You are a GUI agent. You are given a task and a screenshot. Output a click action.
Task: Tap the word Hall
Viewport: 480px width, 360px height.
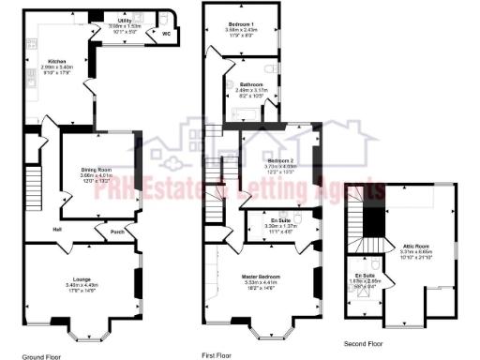57,229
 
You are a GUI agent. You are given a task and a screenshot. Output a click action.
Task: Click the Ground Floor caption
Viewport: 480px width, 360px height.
41,356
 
